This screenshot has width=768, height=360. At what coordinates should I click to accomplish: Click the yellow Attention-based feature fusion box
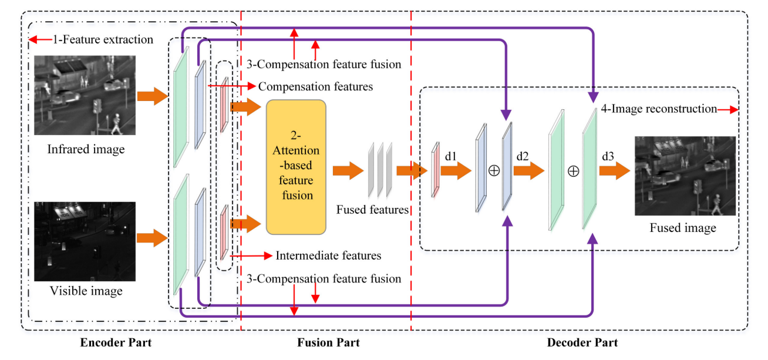[x=296, y=167]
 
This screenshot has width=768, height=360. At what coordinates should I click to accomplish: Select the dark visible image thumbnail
[x=85, y=241]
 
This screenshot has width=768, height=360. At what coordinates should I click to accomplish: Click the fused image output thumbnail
[x=685, y=176]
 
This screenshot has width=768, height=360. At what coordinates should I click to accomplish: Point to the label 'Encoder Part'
[x=116, y=342]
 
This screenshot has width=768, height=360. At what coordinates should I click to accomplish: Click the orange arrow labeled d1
[x=456, y=171]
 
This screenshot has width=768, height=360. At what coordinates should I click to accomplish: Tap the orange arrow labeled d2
[x=529, y=171]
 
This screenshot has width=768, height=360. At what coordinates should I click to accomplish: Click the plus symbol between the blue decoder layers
[x=494, y=170]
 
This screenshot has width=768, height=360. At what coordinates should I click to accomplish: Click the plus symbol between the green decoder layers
[x=574, y=171]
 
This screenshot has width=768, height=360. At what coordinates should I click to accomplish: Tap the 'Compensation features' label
[x=315, y=86]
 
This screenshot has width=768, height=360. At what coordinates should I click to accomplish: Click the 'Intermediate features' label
[x=328, y=255]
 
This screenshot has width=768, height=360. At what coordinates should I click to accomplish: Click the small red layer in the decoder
[x=436, y=169]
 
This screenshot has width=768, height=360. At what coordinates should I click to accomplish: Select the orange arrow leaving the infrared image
[x=152, y=96]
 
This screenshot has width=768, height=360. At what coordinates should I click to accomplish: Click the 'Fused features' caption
[x=372, y=210]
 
